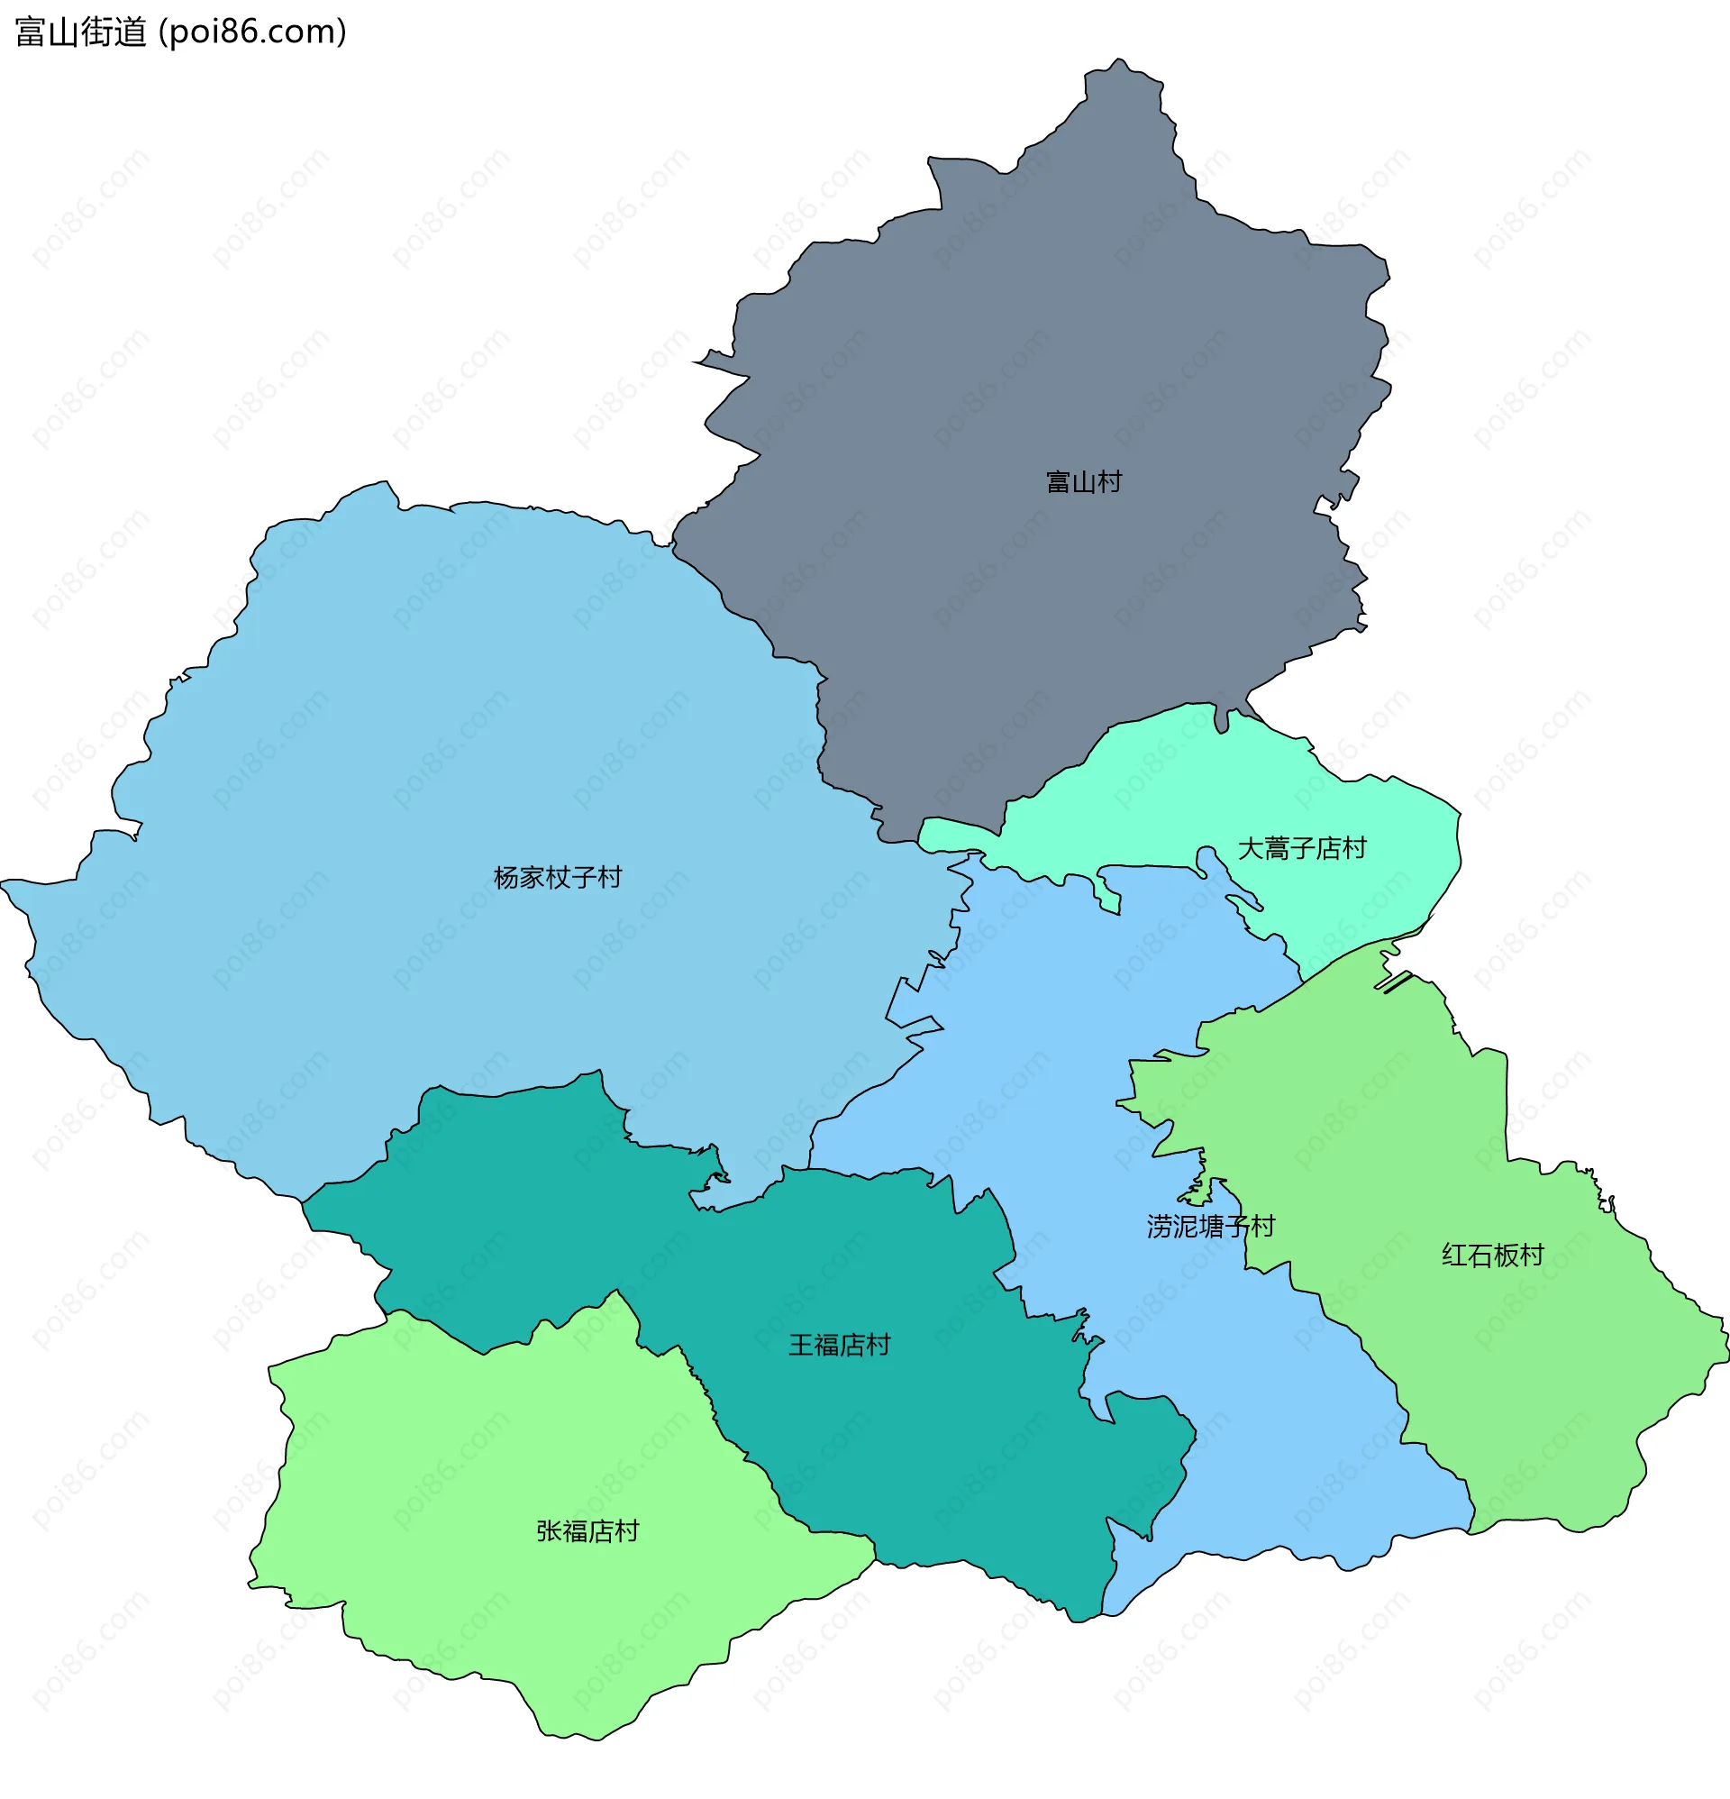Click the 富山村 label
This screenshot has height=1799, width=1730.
tap(1083, 482)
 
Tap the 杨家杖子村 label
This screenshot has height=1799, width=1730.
tap(557, 878)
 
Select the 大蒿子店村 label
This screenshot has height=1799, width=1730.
tap(1301, 848)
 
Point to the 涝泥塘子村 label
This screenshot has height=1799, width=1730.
tap(1209, 1227)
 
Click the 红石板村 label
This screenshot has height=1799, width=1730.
tap(1492, 1255)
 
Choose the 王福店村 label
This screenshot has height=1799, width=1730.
tap(839, 1345)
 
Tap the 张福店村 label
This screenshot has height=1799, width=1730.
tap(587, 1531)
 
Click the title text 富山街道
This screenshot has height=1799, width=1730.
tap(81, 32)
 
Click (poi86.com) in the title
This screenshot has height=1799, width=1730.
tap(253, 32)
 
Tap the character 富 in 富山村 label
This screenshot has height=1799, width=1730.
tap(1058, 482)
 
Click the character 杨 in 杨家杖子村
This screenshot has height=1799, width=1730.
tap(505, 878)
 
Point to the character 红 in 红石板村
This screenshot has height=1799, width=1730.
tap(1454, 1255)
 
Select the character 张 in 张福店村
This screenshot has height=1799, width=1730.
tap(549, 1531)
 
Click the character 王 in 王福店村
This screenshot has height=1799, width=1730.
tap(801, 1345)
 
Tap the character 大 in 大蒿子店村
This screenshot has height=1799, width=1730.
tap(1250, 848)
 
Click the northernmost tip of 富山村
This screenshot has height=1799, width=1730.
tap(1118, 59)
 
